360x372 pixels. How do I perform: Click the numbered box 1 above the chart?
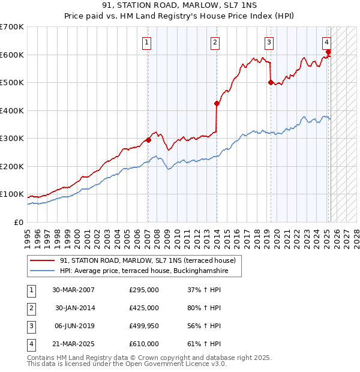(147, 42)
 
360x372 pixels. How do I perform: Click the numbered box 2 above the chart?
(215, 42)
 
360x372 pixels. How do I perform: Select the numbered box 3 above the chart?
(269, 42)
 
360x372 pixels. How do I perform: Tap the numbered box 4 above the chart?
(326, 42)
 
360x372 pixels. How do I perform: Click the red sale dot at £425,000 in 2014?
(217, 104)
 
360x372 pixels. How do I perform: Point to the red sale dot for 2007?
(148, 140)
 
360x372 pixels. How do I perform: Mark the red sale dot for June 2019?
(271, 83)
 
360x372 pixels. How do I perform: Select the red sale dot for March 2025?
(328, 52)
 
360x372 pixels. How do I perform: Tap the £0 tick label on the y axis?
(19, 222)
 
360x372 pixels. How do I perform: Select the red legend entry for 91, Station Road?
(150, 260)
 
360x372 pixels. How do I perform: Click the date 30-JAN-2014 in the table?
(75, 308)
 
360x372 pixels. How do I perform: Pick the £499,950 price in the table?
(144, 326)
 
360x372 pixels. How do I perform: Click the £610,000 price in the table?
(144, 344)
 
